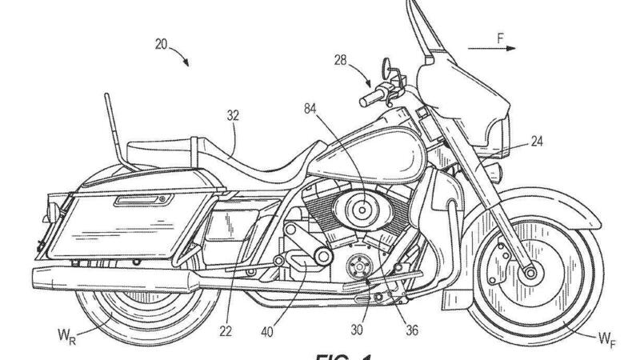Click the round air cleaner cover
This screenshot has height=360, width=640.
point(362,210)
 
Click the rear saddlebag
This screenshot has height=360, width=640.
point(116,220)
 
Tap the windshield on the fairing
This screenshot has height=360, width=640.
point(428,44)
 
